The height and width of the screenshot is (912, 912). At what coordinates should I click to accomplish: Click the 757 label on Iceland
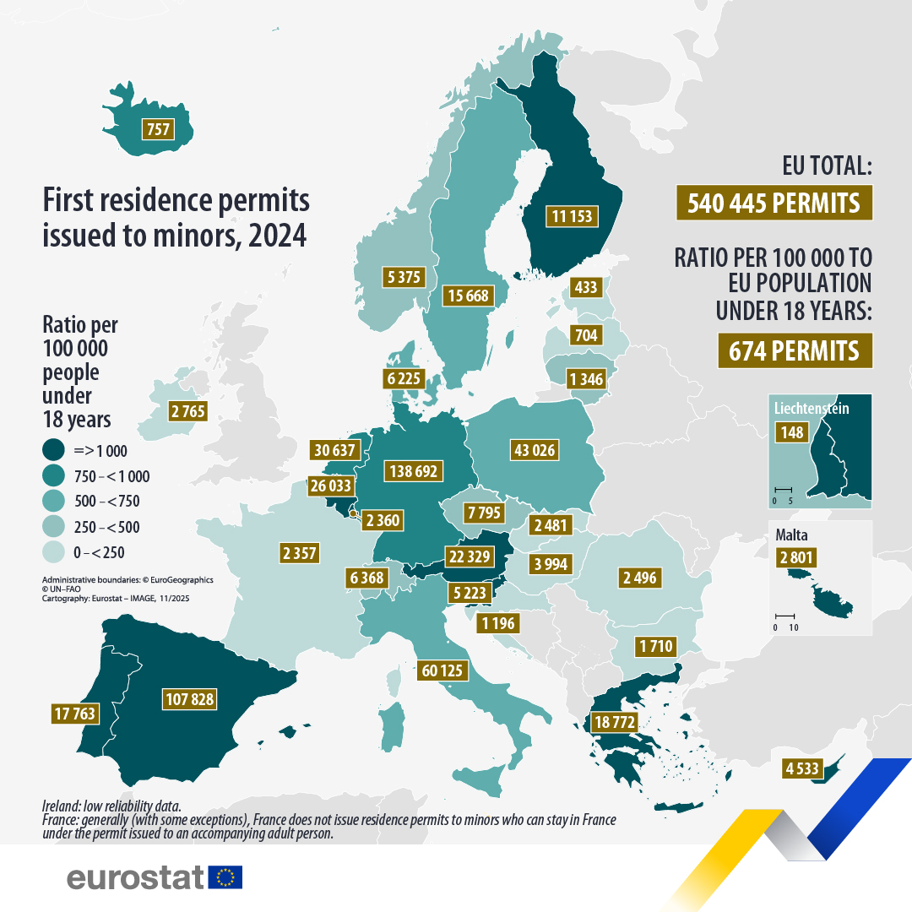click(x=158, y=129)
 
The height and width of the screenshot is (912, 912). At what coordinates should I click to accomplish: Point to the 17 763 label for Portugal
click(x=73, y=714)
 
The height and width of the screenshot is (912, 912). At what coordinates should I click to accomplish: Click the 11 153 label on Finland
click(x=571, y=216)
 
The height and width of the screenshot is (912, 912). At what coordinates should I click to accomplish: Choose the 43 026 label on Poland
click(x=535, y=449)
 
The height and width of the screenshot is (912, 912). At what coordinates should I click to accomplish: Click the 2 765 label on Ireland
click(x=187, y=412)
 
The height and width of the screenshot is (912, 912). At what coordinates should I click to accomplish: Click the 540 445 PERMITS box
click(x=774, y=204)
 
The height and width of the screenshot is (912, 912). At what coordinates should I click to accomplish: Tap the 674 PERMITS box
click(x=794, y=350)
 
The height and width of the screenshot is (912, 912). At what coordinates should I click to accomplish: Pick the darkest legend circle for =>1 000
click(x=55, y=450)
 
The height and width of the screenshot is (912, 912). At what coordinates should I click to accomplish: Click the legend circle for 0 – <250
click(x=55, y=553)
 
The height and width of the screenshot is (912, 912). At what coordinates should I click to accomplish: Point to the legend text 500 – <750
click(x=108, y=502)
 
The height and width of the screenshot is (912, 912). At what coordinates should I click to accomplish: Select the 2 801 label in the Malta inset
click(x=798, y=557)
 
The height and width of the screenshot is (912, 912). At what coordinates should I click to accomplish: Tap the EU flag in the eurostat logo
click(x=225, y=877)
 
